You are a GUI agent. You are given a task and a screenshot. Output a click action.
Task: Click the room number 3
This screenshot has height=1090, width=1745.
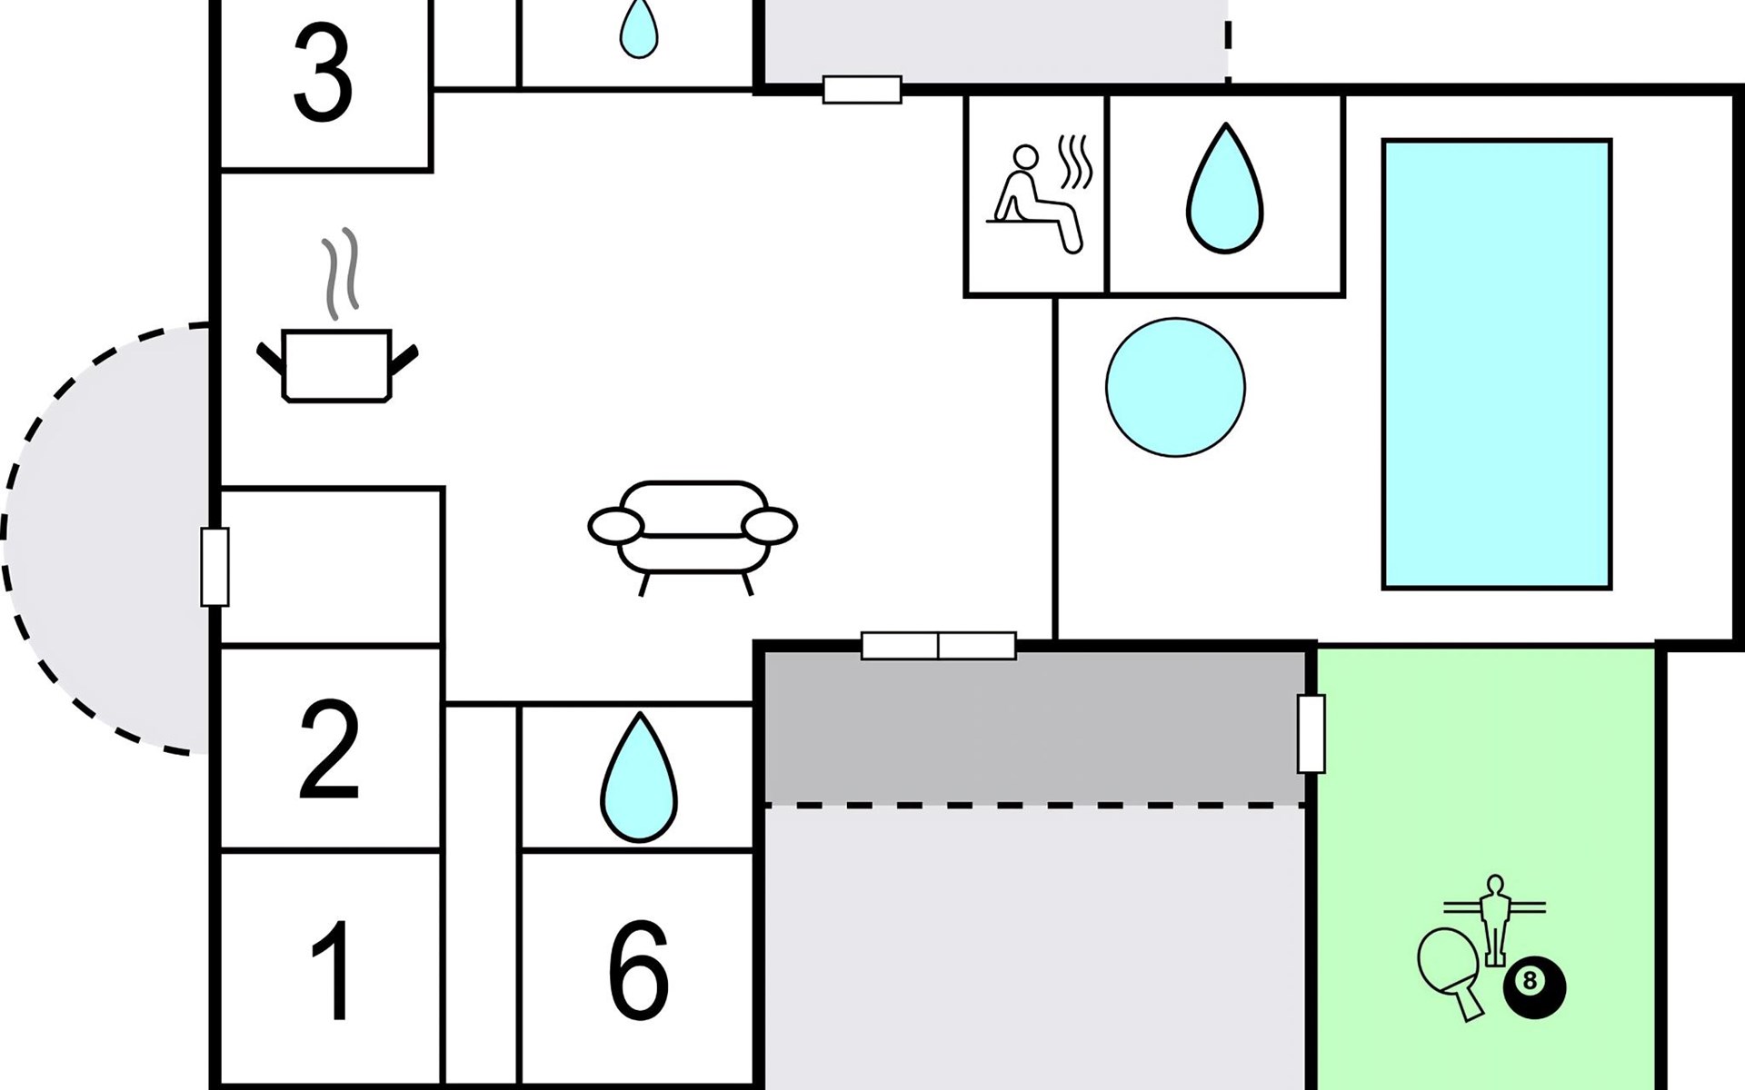point(323,74)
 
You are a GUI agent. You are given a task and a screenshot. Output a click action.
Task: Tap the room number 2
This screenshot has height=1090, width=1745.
point(329,749)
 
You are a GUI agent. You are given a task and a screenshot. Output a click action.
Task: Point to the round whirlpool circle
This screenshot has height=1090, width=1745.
point(1175,387)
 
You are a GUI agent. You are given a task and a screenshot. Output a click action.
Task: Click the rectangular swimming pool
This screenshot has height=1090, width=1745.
point(1496,363)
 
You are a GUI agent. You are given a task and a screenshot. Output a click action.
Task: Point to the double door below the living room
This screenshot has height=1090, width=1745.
point(938,645)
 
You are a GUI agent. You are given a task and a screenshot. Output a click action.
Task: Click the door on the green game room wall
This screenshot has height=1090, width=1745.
point(1311,734)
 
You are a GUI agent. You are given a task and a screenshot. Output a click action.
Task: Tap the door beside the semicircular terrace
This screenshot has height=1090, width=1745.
point(214,567)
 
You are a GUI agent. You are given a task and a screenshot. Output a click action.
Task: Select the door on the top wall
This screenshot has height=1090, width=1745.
point(862,90)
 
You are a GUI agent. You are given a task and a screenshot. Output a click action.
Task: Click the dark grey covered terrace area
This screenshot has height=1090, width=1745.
point(1032,727)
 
